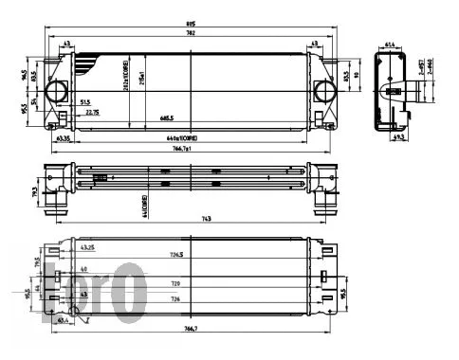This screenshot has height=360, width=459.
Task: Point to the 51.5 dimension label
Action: point(85,101)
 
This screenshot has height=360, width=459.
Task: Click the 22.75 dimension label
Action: point(92,112)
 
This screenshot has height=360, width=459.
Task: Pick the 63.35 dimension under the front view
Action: point(64,138)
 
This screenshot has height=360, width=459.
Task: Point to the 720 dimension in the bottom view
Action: point(174,282)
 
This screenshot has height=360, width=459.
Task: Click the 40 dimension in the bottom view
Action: point(83,269)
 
